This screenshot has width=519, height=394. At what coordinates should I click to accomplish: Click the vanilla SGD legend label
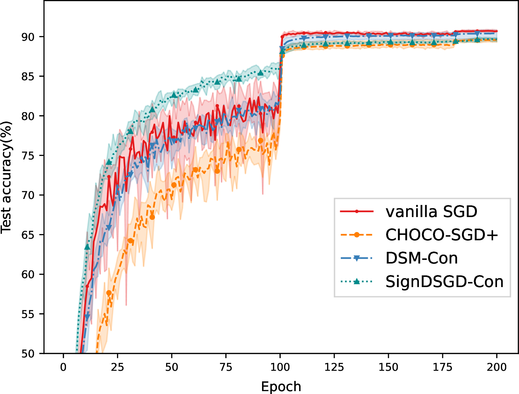pyautogui.click(x=431, y=212)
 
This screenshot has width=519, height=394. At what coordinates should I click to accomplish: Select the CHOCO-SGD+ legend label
pyautogui.click(x=442, y=235)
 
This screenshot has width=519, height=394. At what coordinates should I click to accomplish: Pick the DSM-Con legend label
pyautogui.click(x=421, y=258)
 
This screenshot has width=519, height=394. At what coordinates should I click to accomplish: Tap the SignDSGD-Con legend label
pyautogui.click(x=444, y=282)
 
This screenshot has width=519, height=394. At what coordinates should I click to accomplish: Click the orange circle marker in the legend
pyautogui.click(x=357, y=235)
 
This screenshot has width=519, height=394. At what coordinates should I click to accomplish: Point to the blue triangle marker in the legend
pyautogui.click(x=357, y=258)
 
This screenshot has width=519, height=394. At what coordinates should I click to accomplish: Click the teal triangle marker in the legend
pyautogui.click(x=357, y=281)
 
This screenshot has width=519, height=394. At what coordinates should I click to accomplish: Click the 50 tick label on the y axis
pyautogui.click(x=28, y=354)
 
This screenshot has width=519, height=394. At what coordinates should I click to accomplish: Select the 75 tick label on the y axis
pyautogui.click(x=28, y=156)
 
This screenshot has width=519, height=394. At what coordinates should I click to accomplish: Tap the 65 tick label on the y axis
pyautogui.click(x=28, y=235)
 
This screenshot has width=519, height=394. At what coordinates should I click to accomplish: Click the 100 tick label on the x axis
pyautogui.click(x=280, y=368)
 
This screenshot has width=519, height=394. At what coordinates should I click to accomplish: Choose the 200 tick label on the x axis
pyautogui.click(x=497, y=368)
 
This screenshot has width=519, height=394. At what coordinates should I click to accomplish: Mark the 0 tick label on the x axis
pyautogui.click(x=63, y=368)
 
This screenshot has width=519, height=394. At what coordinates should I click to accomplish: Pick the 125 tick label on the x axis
pyautogui.click(x=334, y=368)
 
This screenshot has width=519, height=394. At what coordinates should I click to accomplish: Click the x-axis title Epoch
pyautogui.click(x=281, y=387)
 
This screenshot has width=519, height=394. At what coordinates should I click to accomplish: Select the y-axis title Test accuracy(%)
pyautogui.click(x=6, y=178)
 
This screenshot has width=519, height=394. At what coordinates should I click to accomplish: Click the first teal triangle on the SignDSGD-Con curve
pyautogui.click(x=87, y=247)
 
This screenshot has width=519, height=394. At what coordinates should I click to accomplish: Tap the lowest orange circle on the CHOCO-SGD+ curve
pyautogui.click(x=109, y=293)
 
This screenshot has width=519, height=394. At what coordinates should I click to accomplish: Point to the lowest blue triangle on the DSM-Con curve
pyautogui.click(x=87, y=317)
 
